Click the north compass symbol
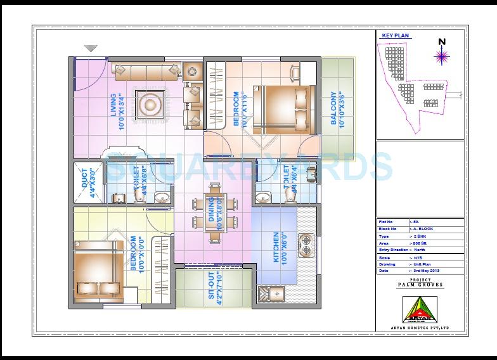click(x=441, y=55)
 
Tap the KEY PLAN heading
click(x=394, y=36)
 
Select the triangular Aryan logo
click(x=420, y=309)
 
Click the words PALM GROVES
click(x=420, y=285)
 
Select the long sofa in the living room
click(x=146, y=67)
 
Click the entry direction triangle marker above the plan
click(x=91, y=48)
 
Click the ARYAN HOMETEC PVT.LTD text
click(x=420, y=328)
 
